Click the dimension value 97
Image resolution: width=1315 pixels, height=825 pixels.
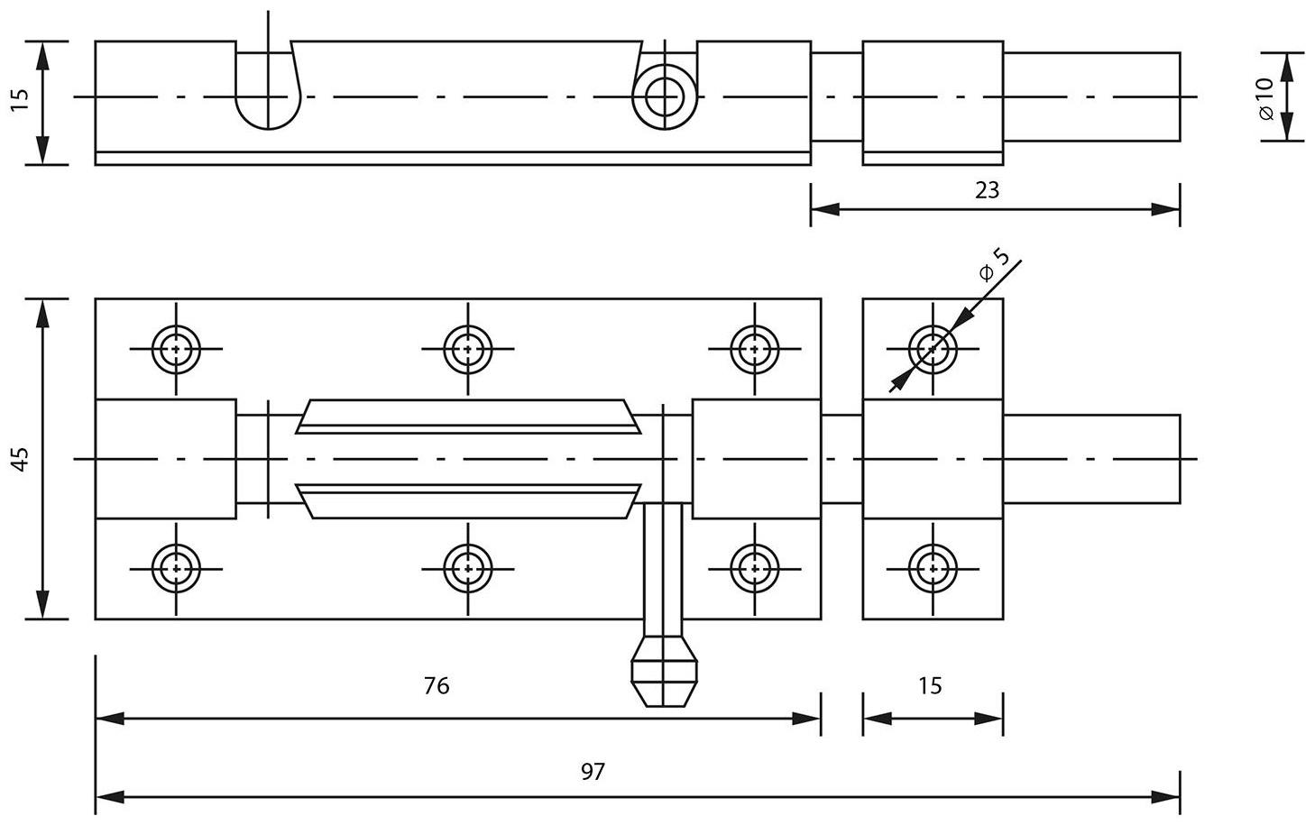[593, 772]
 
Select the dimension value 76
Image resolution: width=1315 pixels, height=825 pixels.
[437, 686]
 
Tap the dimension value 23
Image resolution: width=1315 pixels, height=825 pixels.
[988, 190]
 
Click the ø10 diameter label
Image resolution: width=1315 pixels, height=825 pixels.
[1264, 98]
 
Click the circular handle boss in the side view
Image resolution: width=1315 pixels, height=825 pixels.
[665, 96]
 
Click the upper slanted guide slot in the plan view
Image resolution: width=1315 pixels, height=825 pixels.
[468, 417]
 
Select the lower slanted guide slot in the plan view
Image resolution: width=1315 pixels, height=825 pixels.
[468, 500]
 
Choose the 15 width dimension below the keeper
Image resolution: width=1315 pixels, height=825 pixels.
[930, 686]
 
